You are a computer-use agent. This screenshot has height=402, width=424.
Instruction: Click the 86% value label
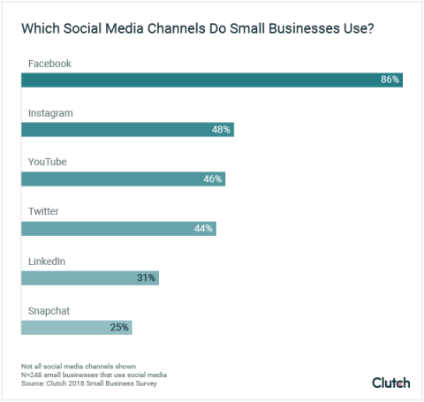pyautogui.click(x=390, y=80)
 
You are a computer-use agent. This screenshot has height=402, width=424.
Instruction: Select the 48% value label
pyautogui.click(x=221, y=130)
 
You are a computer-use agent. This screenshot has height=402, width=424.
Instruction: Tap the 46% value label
pyautogui.click(x=212, y=178)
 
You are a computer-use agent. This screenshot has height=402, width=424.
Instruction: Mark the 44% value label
pyautogui.click(x=203, y=228)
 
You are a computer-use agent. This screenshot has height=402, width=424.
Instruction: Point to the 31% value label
pyautogui.click(x=146, y=277)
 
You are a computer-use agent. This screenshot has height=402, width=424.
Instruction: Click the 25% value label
pyautogui.click(x=119, y=327)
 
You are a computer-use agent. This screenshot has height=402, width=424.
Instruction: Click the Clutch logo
pyautogui.click(x=390, y=382)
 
